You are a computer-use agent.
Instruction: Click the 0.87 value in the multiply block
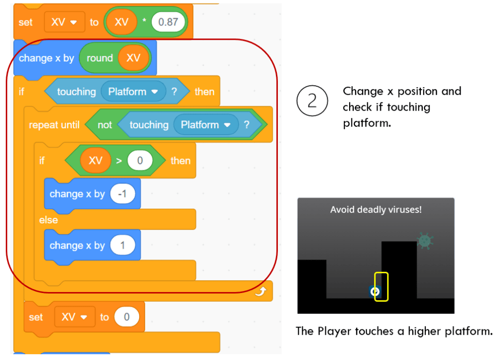[x=169, y=22]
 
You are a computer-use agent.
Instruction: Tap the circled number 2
[x=312, y=100]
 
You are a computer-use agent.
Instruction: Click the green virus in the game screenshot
[x=425, y=240]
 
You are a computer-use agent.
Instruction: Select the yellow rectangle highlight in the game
[x=382, y=286]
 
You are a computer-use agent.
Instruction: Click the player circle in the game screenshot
[x=374, y=292]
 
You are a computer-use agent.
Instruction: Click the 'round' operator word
[x=99, y=58]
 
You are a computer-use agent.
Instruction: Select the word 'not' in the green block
[x=105, y=125]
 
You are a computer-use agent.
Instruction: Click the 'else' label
[x=48, y=220]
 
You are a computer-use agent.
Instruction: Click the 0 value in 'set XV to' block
[x=127, y=317]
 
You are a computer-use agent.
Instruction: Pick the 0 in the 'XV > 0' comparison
[x=140, y=161]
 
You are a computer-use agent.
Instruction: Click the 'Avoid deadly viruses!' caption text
[x=376, y=210]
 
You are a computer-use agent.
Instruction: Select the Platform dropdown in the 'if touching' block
[x=133, y=91]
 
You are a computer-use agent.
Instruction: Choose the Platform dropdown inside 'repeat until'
[x=206, y=125]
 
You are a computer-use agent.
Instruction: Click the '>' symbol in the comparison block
[x=119, y=161]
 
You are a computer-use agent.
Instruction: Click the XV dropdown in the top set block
[x=64, y=22]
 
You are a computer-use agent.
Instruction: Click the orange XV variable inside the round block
[x=133, y=58]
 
